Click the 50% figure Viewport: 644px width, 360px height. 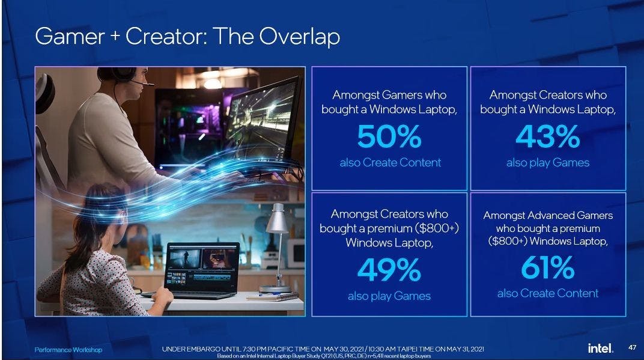coord(389,136)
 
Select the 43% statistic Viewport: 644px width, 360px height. coord(548,136)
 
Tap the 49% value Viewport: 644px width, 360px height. coord(389,270)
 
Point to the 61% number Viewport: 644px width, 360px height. coord(548,267)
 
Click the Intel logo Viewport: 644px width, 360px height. coord(601,349)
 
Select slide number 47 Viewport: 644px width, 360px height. coord(633,347)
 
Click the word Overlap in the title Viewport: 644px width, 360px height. coord(299,37)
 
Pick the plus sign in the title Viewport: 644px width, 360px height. coord(115,35)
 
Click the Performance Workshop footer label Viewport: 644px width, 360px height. coord(68,350)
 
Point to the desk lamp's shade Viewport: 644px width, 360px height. coord(277,219)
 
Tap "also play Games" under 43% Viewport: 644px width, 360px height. coord(548,163)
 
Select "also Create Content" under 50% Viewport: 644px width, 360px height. coord(390,162)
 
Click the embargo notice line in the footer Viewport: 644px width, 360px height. coord(323,349)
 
